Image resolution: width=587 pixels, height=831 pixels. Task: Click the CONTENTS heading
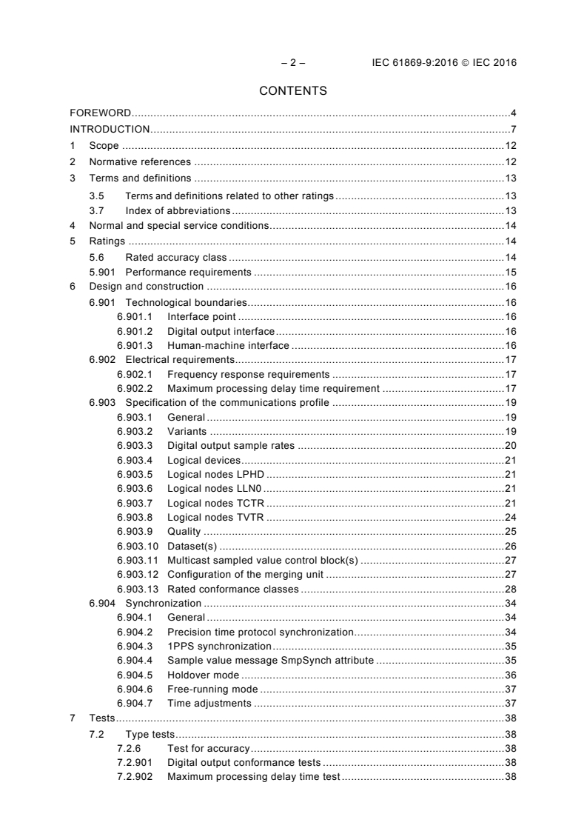tap(293, 92)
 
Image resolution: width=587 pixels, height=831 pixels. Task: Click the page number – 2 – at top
tap(293, 63)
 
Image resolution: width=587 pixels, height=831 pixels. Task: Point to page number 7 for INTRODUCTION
tap(513, 130)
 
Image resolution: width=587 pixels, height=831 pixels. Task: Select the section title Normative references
tap(140, 162)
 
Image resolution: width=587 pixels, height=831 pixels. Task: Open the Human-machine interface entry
tap(227, 345)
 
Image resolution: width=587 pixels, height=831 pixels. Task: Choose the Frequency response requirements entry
tap(248, 374)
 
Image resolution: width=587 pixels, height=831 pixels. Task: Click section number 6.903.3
tap(135, 446)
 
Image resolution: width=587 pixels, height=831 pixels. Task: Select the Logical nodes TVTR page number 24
tap(510, 518)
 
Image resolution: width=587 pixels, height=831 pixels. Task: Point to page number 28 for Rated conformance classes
tap(510, 590)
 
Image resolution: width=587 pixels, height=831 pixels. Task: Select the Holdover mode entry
tap(203, 675)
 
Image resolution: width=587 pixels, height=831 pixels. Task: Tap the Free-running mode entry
tap(212, 690)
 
